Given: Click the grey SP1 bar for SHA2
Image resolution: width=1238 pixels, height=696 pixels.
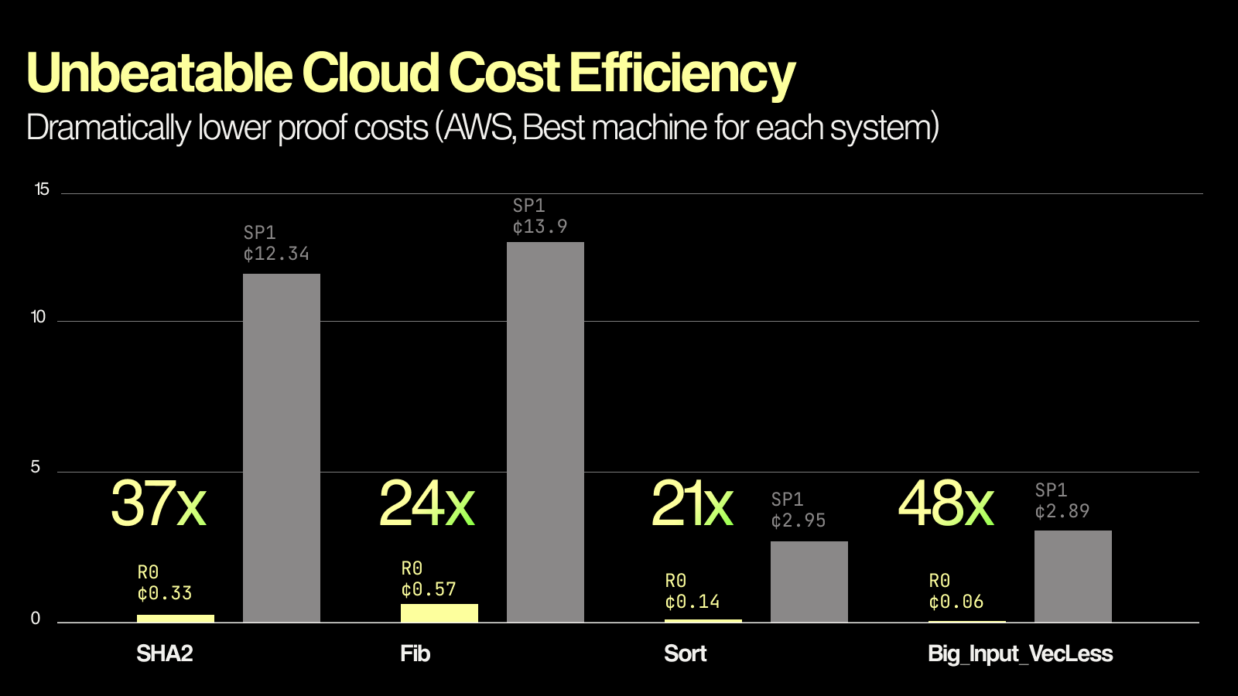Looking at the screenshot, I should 282,448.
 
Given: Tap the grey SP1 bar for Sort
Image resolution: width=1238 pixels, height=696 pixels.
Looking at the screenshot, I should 809,582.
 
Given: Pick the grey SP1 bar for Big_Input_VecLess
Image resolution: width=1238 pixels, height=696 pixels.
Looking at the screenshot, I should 1073,576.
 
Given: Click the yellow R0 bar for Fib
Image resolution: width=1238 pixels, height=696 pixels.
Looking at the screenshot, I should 439,612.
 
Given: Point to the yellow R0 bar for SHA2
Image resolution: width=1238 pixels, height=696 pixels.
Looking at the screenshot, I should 176,618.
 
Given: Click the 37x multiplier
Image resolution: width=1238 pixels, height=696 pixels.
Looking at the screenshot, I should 159,503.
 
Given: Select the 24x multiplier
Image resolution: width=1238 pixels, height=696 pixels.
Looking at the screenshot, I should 426,503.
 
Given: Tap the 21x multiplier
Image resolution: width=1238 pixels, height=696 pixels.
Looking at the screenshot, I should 692,503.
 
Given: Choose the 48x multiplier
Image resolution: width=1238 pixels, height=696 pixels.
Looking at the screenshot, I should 946,503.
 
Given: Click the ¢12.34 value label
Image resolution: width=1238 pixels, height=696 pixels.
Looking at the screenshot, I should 276,254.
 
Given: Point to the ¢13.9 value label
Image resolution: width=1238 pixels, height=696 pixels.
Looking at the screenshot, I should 540,227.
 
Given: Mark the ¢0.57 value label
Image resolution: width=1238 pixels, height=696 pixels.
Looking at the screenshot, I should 429,590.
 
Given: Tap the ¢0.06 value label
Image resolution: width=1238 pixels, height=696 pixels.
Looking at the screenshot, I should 956,602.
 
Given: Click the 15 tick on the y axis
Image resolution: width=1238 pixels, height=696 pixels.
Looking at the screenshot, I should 42,189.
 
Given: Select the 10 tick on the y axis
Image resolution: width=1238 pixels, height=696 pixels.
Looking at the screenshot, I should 38,317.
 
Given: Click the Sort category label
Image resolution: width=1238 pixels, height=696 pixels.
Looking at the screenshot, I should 686,653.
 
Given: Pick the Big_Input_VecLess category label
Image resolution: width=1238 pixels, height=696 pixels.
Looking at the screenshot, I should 1020,653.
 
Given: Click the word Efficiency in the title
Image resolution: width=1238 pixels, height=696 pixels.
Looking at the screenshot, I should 682,73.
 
